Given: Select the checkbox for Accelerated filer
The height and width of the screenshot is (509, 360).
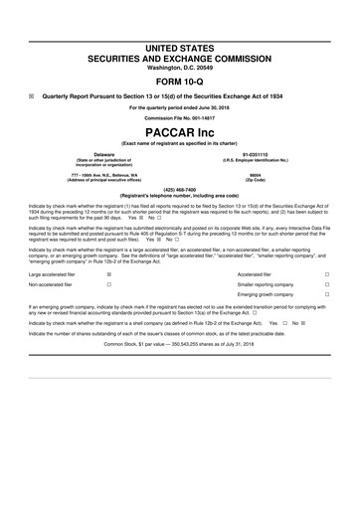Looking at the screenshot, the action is tap(340, 272).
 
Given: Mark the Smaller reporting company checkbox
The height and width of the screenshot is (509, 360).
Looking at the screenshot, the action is tap(340, 284).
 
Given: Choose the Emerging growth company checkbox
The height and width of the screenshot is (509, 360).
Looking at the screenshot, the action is tap(340, 296).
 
